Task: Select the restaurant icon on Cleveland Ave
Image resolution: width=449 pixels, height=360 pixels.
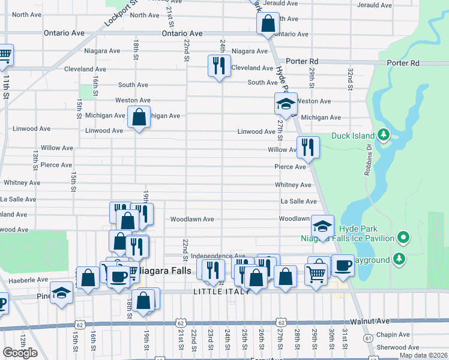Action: (218, 65)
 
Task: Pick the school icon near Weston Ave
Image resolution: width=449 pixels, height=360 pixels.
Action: (286, 103)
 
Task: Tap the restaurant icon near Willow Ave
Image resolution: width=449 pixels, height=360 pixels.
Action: (308, 147)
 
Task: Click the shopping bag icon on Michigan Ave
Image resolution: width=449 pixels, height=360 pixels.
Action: (139, 118)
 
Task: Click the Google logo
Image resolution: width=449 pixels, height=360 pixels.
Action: (20, 353)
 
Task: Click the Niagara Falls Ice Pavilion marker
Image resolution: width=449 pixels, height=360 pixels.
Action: (403, 238)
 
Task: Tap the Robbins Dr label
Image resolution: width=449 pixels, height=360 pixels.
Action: (367, 160)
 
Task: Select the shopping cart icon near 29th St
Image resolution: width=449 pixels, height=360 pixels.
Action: (316, 273)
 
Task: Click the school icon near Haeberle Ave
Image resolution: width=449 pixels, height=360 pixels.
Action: (61, 293)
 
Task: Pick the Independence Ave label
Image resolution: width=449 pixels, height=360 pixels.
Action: (217, 256)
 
